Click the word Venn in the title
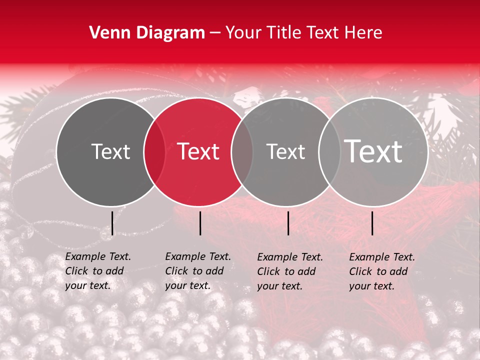106,33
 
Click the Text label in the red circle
198,151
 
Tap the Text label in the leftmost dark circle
110,151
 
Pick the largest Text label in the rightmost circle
373,151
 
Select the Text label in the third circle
285,151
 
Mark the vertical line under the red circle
200,223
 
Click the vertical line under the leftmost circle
112,223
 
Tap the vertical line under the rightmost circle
372,223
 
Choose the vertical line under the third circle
288,223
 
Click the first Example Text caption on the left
98,256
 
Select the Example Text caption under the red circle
198,256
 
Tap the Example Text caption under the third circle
290,257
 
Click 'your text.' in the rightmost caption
371,286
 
